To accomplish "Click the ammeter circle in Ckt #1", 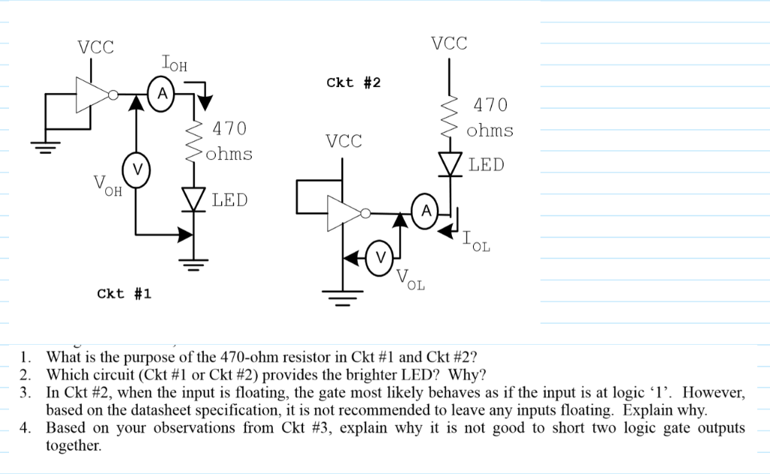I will point(161,94).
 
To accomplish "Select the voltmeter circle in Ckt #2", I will point(379,258).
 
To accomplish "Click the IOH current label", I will point(174,65).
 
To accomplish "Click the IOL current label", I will point(476,243).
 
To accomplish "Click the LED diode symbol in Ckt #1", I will point(195,199).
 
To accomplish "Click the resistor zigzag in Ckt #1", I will point(195,140).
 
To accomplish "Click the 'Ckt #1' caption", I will point(124,294).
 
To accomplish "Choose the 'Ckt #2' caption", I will point(353,82).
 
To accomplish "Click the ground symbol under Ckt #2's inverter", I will point(344,298).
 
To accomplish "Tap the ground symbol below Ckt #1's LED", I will point(195,263).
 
